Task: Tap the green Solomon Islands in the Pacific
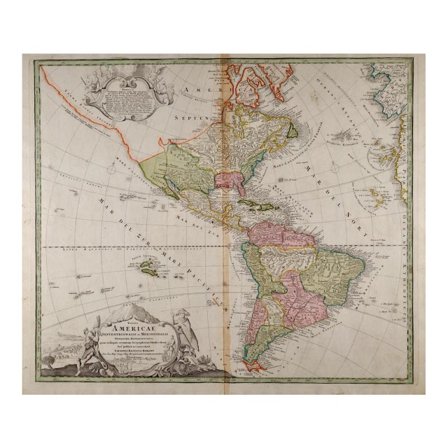(150, 265)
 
